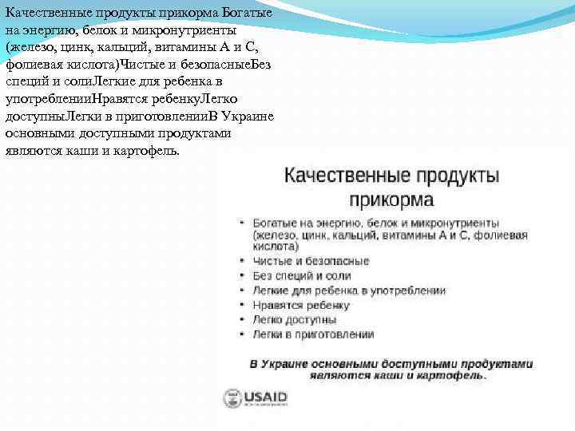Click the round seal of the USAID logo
point(232,398)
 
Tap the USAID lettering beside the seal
point(265,397)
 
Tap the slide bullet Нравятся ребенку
point(301,305)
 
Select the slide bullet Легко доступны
point(295,319)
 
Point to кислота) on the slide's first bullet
point(270,247)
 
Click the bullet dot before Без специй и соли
point(242,276)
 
